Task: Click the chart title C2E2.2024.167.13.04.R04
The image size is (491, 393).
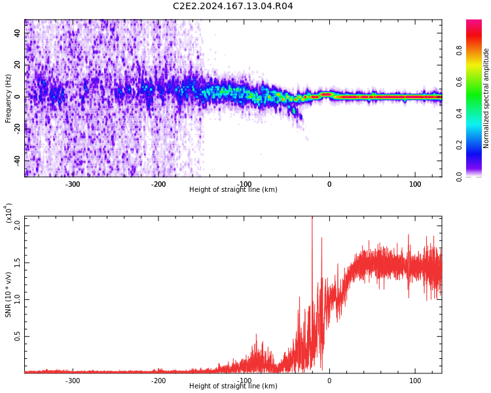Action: [232, 6]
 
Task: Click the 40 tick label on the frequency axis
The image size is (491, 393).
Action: [18, 33]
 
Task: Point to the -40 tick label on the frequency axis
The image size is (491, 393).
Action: [18, 160]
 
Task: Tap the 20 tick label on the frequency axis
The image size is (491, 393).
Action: [18, 65]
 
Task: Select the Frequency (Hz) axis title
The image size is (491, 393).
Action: [8, 98]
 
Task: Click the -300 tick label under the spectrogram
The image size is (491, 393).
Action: [73, 184]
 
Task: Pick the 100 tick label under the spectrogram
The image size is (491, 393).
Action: [415, 184]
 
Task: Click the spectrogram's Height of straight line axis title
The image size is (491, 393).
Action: [233, 189]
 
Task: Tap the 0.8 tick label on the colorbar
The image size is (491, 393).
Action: [459, 50]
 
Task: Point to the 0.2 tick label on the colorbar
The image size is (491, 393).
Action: [459, 145]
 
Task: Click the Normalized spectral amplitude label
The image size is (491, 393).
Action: [486, 98]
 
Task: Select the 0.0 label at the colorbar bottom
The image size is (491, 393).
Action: [459, 176]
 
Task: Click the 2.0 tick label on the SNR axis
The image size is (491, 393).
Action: [18, 225]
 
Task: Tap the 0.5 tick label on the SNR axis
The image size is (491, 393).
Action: [18, 336]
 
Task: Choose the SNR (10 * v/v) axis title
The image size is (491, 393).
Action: [8, 294]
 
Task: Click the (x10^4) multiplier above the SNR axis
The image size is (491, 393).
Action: [9, 213]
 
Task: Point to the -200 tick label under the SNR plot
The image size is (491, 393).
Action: [158, 381]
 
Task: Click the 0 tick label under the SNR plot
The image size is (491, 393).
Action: [329, 381]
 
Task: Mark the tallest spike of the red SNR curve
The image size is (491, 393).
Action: [312, 217]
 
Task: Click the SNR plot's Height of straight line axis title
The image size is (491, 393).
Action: [233, 386]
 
